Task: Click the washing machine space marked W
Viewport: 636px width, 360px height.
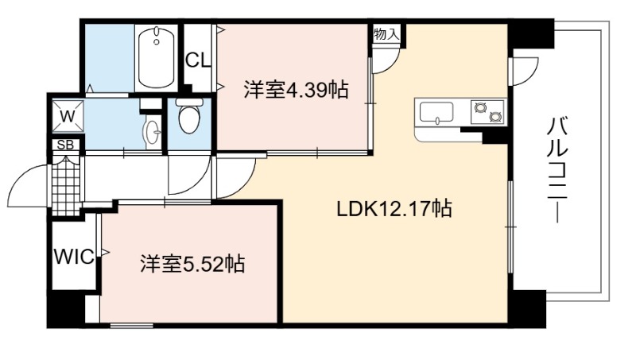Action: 68,117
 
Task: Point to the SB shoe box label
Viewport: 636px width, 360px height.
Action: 65,145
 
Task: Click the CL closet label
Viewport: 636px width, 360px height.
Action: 198,60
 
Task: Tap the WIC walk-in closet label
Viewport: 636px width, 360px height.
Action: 74,257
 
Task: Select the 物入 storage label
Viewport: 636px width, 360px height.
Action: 386,34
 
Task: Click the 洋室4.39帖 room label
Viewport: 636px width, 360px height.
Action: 296,90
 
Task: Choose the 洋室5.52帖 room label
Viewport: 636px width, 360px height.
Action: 192,265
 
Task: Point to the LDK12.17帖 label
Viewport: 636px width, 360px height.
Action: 394,209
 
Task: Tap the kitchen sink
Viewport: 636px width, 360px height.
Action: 436,112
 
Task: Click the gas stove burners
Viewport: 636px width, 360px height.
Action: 487,112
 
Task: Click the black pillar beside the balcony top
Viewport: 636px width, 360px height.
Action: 531,33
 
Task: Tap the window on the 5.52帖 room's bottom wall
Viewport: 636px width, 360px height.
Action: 131,325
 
